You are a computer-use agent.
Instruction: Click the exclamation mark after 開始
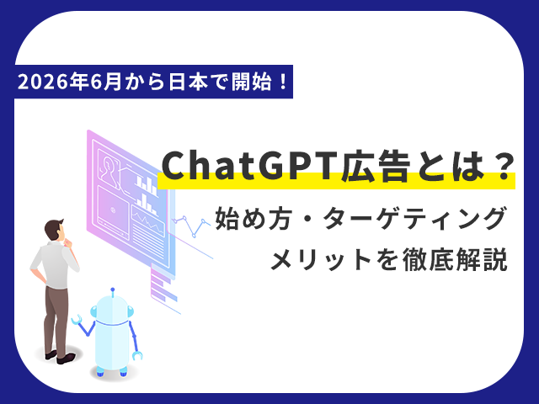tap(283, 82)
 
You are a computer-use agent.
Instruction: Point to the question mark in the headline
tap(504, 166)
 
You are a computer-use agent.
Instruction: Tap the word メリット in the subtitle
tap(321, 260)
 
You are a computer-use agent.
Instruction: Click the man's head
tap(55, 230)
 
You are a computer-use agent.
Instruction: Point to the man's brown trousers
tap(56, 320)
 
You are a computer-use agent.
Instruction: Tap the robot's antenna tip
tap(112, 290)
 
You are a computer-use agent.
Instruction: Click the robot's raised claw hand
tap(77, 320)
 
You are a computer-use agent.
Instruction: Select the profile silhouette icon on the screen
tap(109, 170)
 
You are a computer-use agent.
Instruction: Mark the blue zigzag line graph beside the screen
tap(191, 225)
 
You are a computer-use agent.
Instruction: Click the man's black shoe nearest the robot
tap(66, 358)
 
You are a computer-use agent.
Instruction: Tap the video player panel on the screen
tap(113, 210)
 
